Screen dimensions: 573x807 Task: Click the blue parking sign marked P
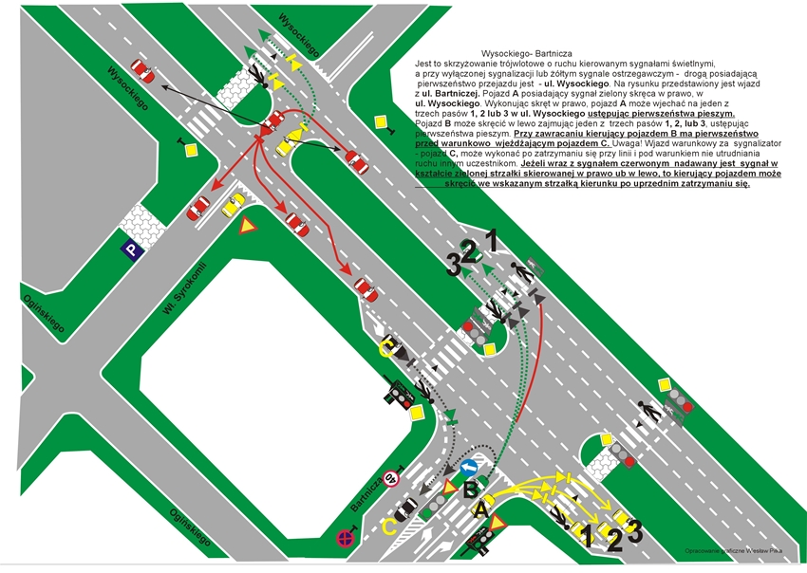129,250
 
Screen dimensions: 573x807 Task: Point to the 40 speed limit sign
388,478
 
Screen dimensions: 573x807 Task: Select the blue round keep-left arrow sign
468,468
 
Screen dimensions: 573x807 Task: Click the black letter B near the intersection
470,490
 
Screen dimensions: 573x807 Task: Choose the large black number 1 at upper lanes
492,239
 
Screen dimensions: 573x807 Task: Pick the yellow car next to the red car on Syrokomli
233,205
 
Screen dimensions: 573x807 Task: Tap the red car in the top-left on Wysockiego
141,69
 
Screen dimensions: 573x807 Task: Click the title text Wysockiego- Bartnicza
529,54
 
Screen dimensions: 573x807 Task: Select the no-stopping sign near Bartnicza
346,538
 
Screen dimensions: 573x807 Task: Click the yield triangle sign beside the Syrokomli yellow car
248,226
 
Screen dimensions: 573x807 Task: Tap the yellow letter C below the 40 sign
388,525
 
